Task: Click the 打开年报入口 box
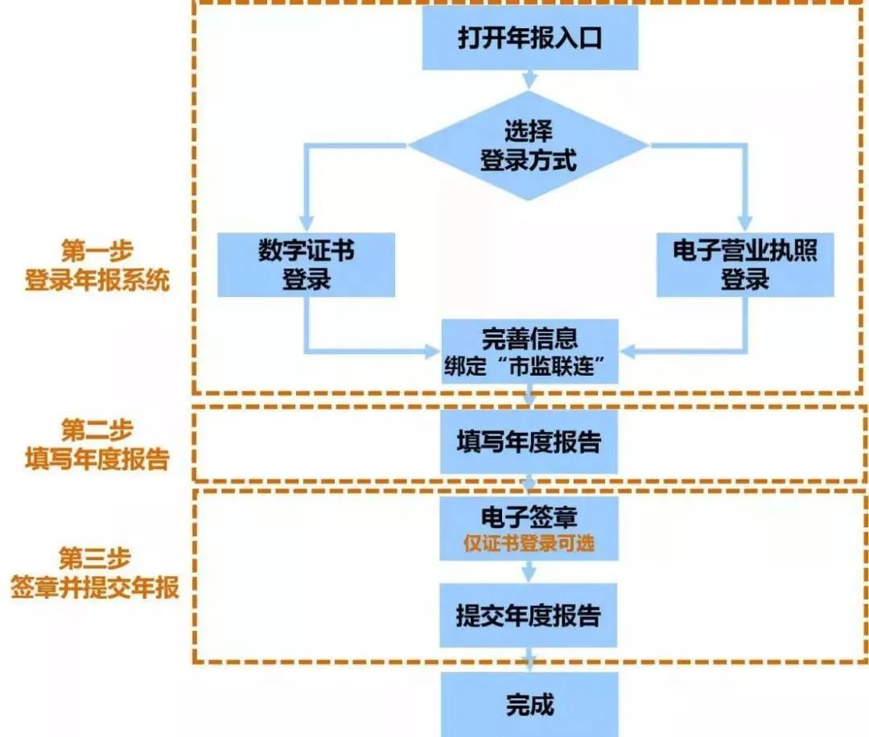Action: coord(529,38)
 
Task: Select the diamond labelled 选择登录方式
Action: coord(529,145)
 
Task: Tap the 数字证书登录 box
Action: coord(306,265)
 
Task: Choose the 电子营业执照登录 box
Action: coord(745,265)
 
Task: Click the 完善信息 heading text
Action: coord(529,339)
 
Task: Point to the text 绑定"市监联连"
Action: coord(525,366)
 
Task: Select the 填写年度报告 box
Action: coord(529,442)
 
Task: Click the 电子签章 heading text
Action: coord(529,517)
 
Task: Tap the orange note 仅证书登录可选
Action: coord(529,544)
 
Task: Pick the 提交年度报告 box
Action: coord(528,615)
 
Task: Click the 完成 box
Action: coord(529,705)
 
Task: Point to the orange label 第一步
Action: coord(97,251)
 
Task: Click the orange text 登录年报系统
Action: coord(97,280)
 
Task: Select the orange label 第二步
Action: coord(97,430)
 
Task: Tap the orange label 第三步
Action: coord(95,558)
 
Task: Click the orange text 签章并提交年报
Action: coord(95,587)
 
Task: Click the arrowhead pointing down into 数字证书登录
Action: coord(306,224)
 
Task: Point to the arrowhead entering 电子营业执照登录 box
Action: coord(745,224)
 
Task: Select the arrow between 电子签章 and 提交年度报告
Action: coord(529,571)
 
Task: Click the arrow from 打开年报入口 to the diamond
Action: coord(529,80)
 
